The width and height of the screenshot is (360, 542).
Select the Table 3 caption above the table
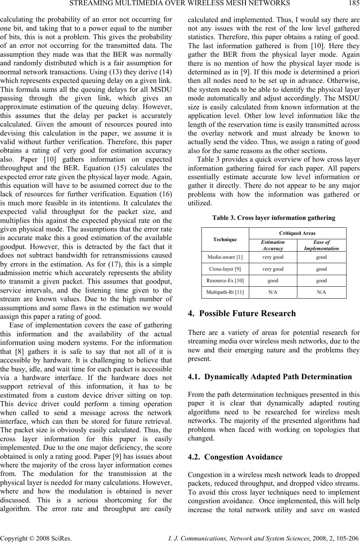(x=273, y=218)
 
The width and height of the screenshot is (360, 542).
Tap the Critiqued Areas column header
(x=297, y=233)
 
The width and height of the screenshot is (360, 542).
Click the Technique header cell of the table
(x=225, y=239)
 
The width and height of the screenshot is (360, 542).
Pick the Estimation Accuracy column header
(x=273, y=245)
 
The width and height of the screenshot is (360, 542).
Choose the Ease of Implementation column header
(x=322, y=245)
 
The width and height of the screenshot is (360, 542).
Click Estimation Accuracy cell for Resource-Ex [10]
(x=273, y=280)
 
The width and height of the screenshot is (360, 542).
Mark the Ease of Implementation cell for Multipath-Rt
(x=322, y=292)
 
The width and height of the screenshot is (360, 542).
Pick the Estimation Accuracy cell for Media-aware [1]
(x=273, y=257)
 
